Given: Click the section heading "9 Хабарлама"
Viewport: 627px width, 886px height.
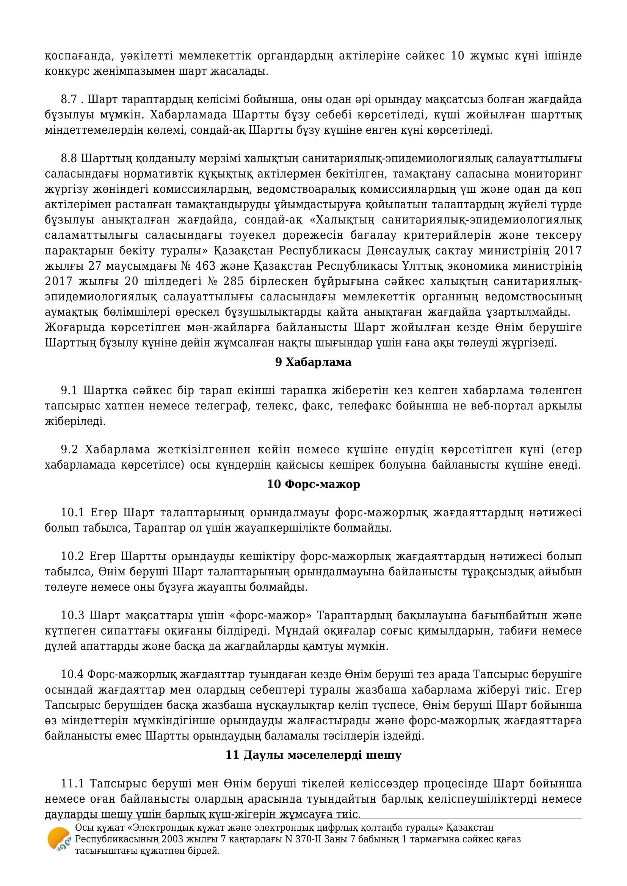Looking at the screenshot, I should [313, 363].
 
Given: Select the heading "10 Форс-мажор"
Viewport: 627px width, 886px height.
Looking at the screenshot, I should [313, 484].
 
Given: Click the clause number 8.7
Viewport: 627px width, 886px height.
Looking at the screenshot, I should [69, 100].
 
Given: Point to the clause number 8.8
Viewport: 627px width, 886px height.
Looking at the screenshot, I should [69, 159].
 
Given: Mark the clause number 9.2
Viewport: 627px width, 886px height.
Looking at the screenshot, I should [69, 450].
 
